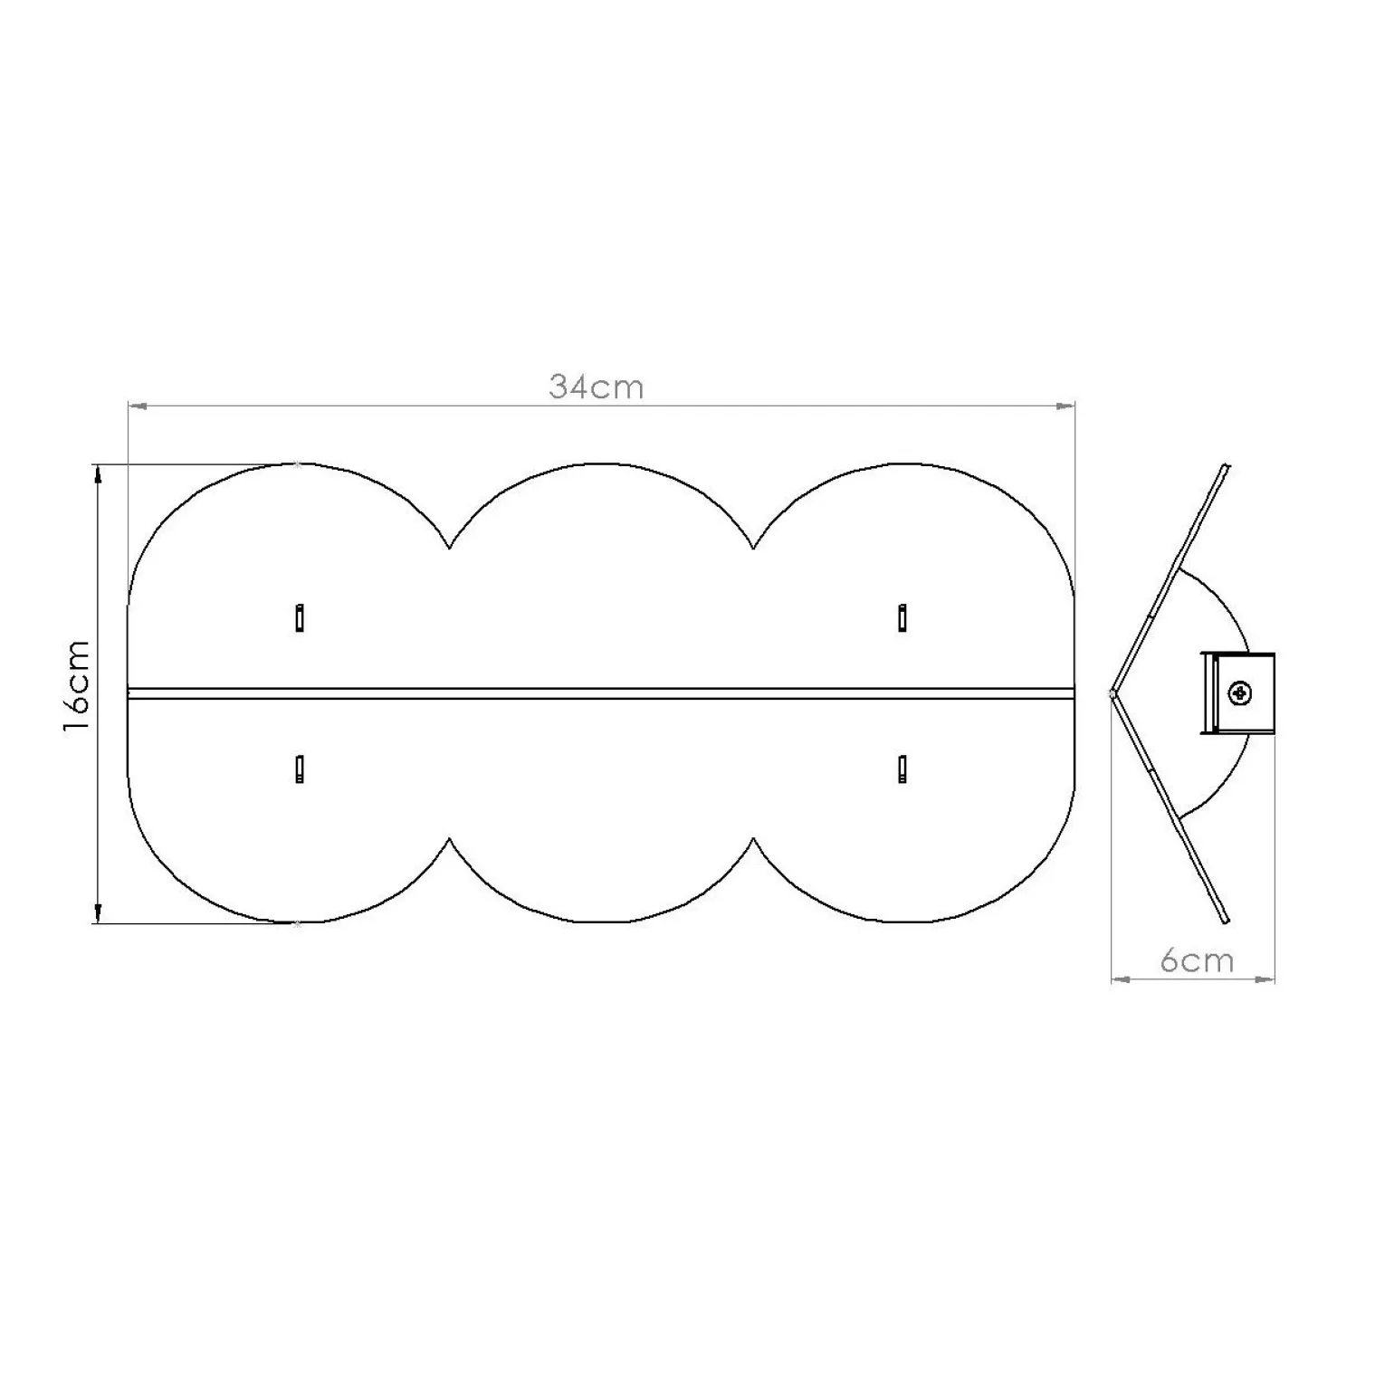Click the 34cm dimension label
(x=596, y=387)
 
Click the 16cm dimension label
(x=77, y=686)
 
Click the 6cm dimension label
(x=1197, y=960)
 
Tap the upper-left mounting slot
(x=300, y=617)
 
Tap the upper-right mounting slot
(x=902, y=617)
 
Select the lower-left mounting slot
(x=300, y=769)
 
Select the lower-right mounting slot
(x=902, y=769)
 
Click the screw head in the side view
(x=1239, y=694)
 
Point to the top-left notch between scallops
(x=449, y=548)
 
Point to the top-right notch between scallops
(x=753, y=548)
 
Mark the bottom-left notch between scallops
(x=449, y=839)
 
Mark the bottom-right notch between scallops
(x=753, y=839)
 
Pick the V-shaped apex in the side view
(x=1112, y=694)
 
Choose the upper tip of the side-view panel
(x=1226, y=467)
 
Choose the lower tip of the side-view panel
(x=1226, y=921)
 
